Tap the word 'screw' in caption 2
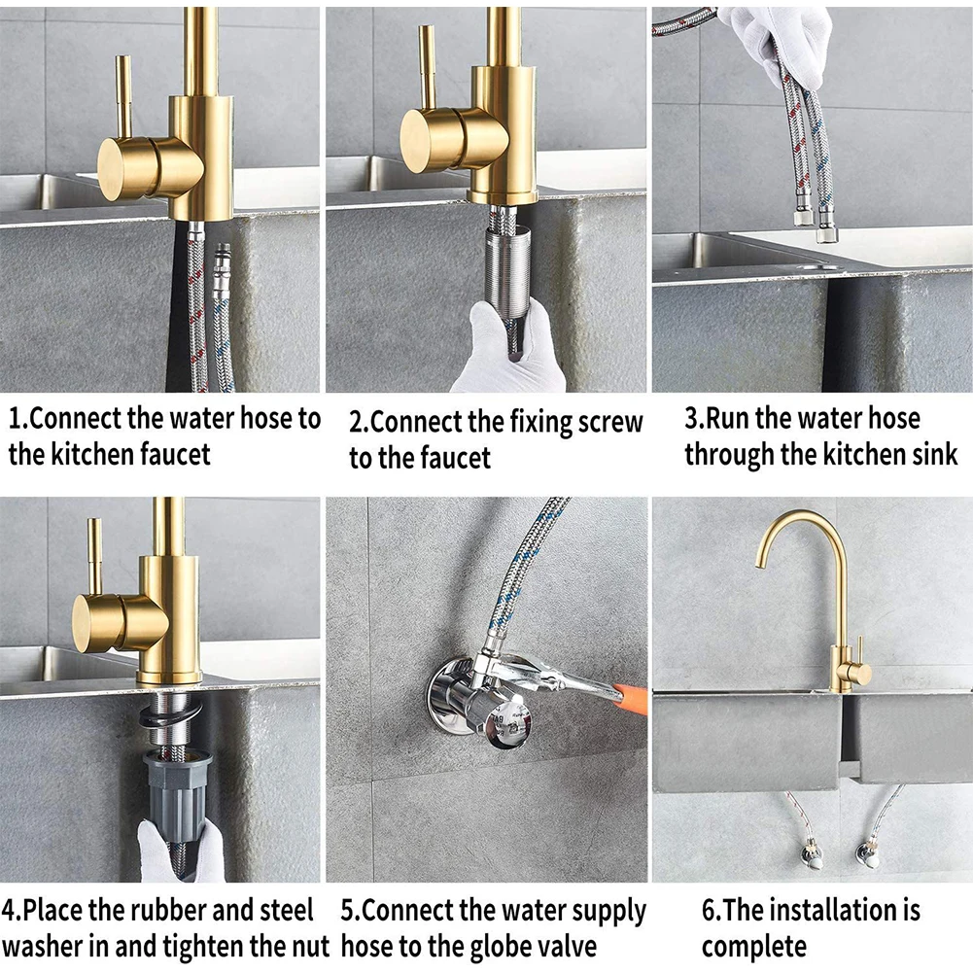608,422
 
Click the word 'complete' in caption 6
754,946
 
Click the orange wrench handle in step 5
631,695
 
